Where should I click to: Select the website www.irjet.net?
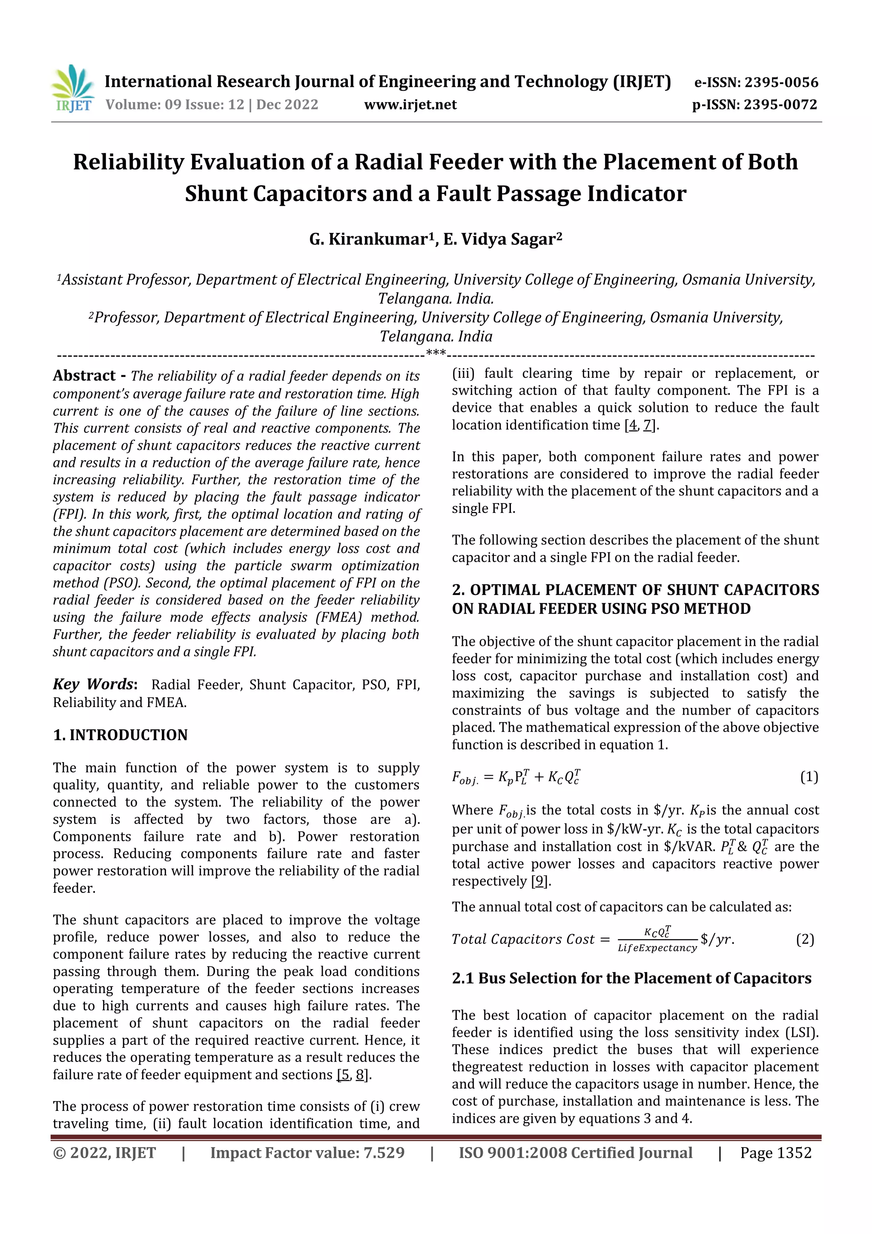pyautogui.click(x=410, y=105)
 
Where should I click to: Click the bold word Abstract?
pyautogui.click(x=84, y=376)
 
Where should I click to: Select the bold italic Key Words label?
pyautogui.click(x=94, y=684)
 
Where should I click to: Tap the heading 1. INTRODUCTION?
pyautogui.click(x=120, y=735)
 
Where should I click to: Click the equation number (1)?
pyautogui.click(x=809, y=777)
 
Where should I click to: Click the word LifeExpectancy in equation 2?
pyautogui.click(x=657, y=948)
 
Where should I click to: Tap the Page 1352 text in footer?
pyautogui.click(x=775, y=1153)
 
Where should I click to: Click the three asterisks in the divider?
pyautogui.click(x=435, y=353)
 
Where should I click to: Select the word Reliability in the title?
pyautogui.click(x=128, y=162)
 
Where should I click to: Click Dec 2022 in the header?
pyautogui.click(x=287, y=105)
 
